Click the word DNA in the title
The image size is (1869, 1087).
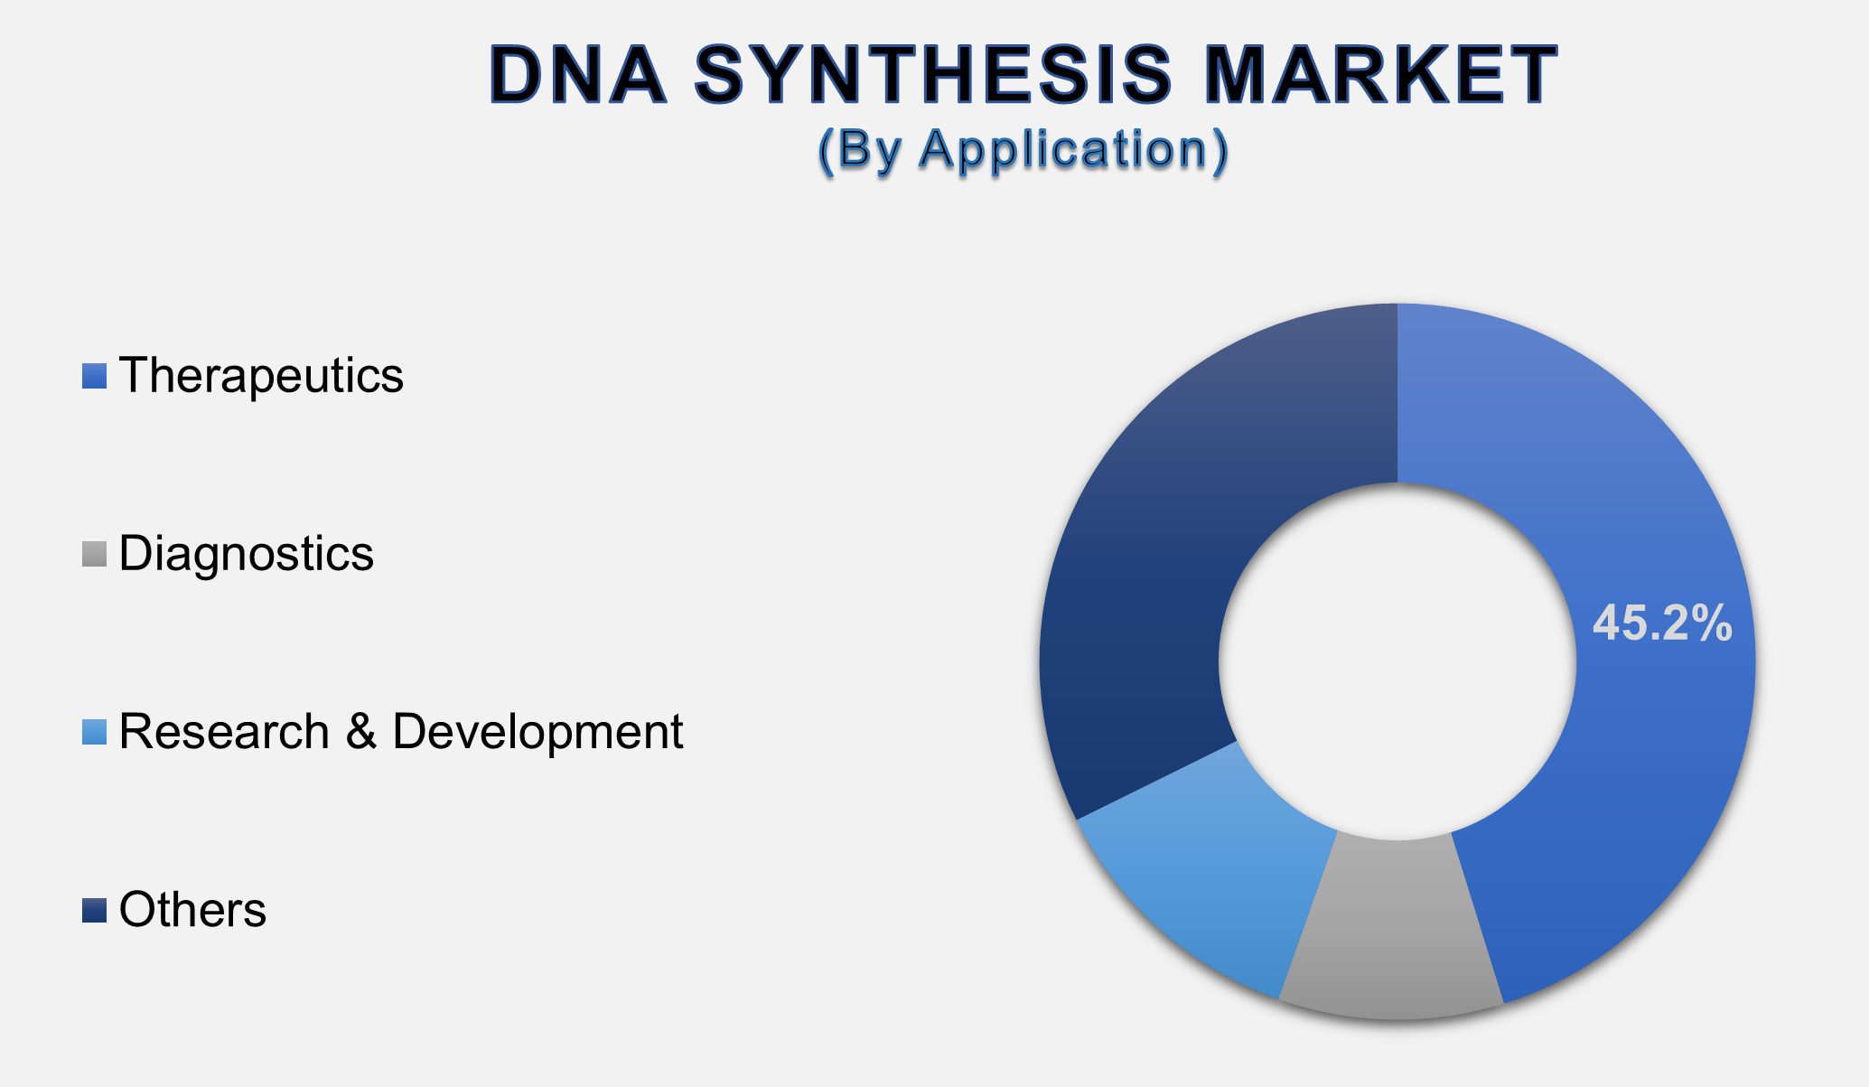click(x=578, y=75)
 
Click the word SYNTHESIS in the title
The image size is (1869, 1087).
click(x=934, y=75)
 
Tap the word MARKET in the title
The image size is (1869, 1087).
click(x=1381, y=75)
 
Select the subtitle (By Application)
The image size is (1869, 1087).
click(x=1023, y=149)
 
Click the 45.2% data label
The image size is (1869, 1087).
click(x=1661, y=623)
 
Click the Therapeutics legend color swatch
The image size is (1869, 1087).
click(x=94, y=376)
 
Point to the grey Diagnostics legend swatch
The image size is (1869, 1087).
click(x=94, y=554)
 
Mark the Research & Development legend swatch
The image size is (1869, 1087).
click(x=94, y=732)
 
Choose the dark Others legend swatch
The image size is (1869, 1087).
click(x=94, y=910)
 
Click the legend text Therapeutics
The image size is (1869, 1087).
click(x=261, y=376)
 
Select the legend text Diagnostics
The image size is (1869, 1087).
click(x=246, y=554)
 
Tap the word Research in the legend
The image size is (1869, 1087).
click(x=224, y=732)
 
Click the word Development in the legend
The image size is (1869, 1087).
click(x=537, y=732)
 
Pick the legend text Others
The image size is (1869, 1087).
click(x=192, y=910)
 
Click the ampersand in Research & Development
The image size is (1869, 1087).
click(x=360, y=732)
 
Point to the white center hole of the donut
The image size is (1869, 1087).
click(x=1397, y=661)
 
